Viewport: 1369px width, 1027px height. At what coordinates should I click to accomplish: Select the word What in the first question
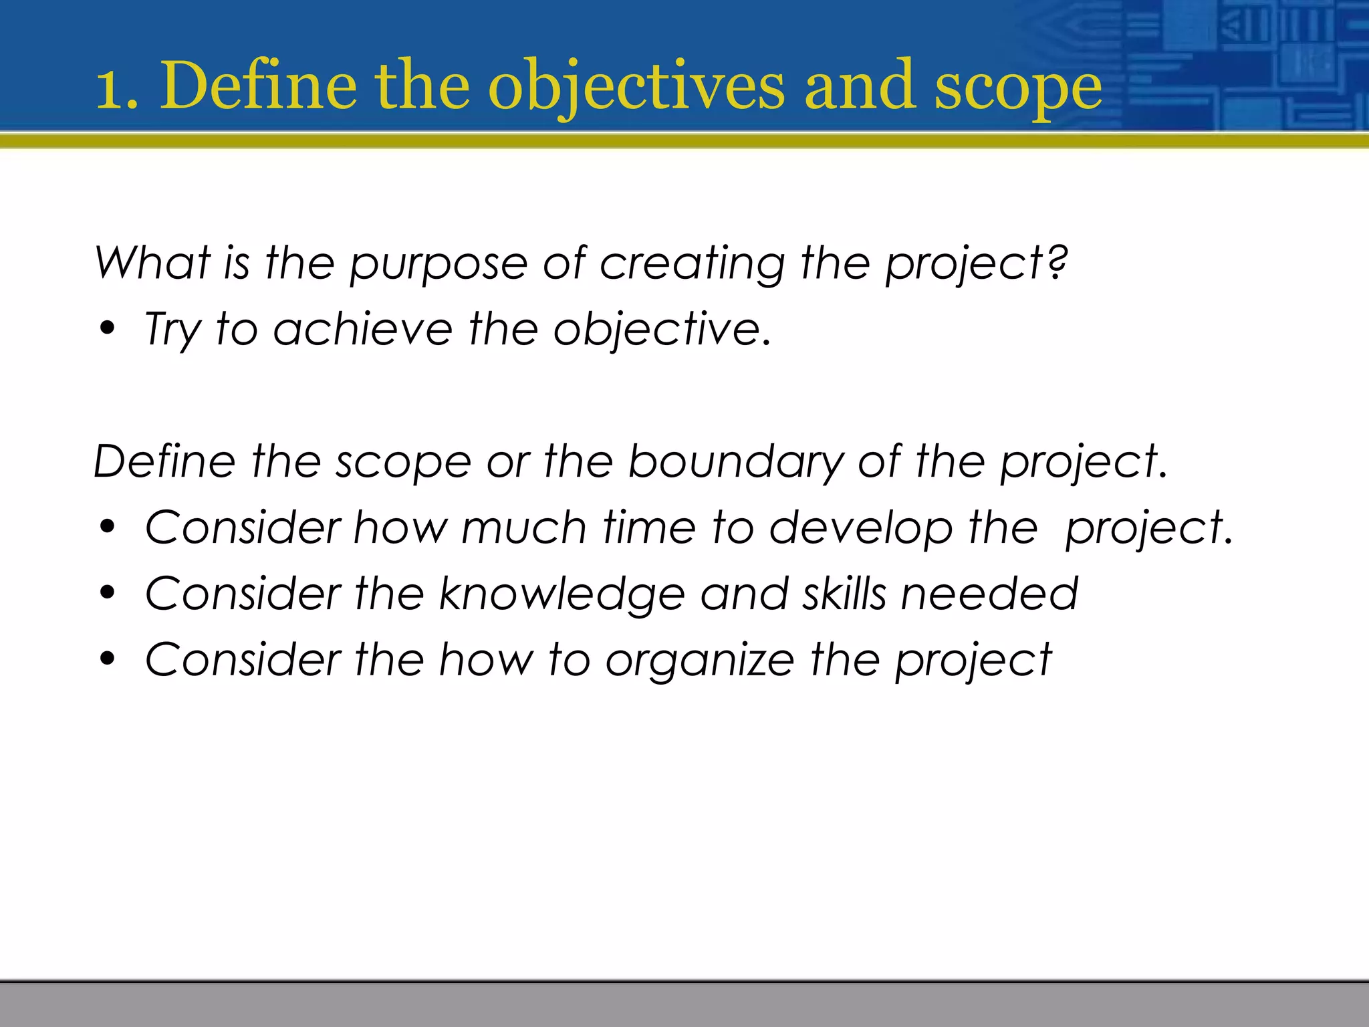(x=152, y=262)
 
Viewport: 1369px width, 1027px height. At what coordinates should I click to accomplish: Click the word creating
(x=692, y=263)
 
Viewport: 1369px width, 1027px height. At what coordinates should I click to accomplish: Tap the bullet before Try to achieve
(x=107, y=329)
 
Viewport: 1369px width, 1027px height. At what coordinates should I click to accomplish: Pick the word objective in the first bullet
(x=656, y=330)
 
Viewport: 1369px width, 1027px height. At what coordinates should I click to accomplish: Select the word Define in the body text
(x=164, y=461)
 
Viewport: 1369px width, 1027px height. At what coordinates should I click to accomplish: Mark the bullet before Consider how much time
(x=107, y=528)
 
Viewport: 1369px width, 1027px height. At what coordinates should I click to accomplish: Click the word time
(x=649, y=528)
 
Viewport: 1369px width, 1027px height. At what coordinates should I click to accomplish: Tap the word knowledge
(x=562, y=594)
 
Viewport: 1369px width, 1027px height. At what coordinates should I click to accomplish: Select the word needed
(x=989, y=594)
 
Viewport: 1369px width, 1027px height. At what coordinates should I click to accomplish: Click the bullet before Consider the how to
(x=107, y=659)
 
